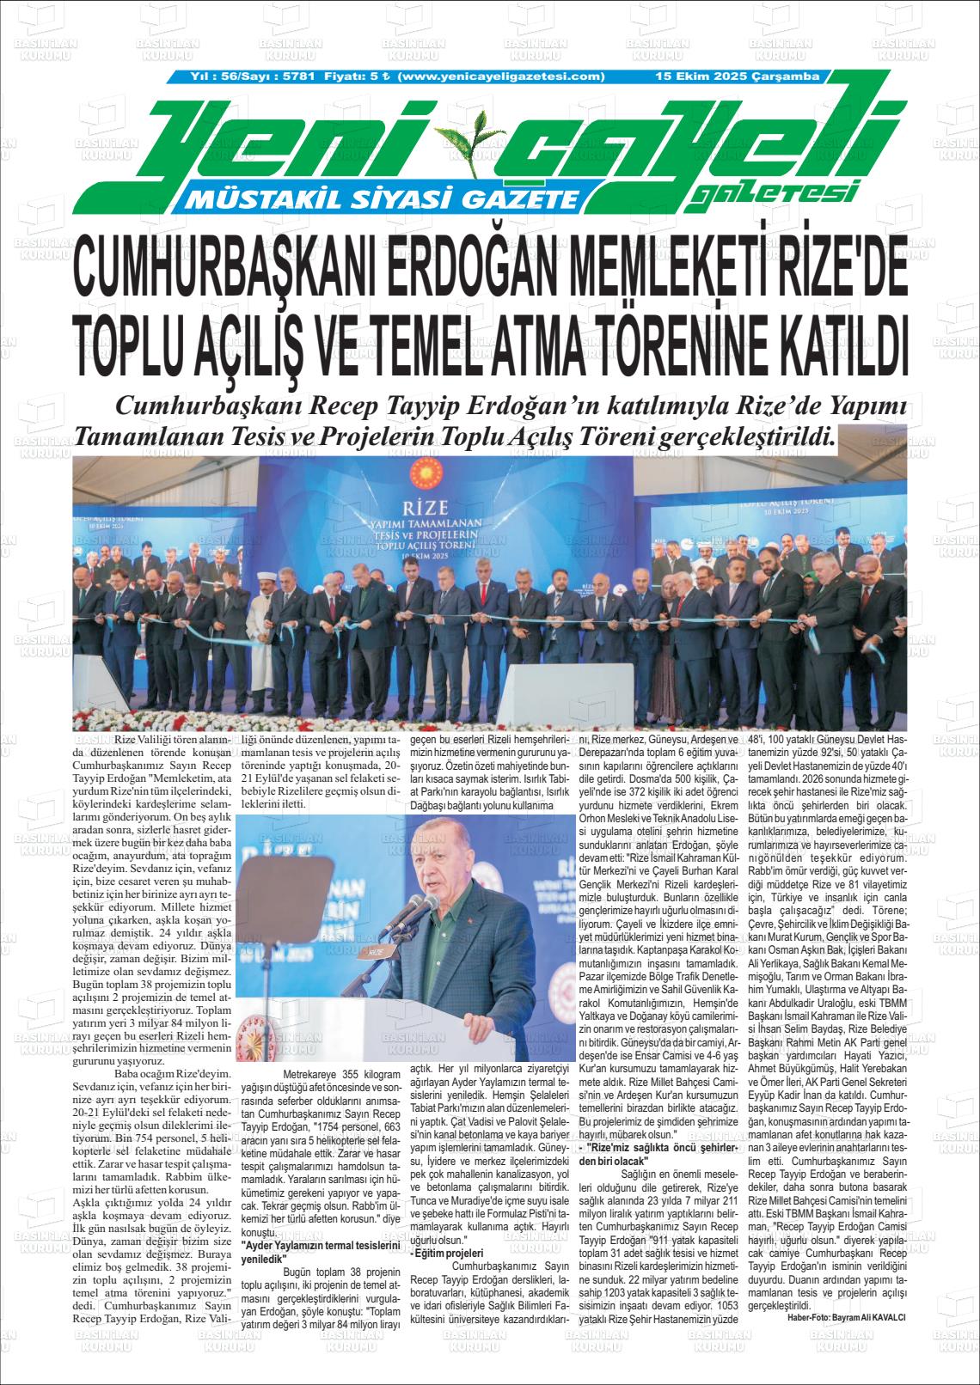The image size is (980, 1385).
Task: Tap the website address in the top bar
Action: (503, 76)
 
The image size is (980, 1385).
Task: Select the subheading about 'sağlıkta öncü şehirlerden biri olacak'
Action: (657, 1154)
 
